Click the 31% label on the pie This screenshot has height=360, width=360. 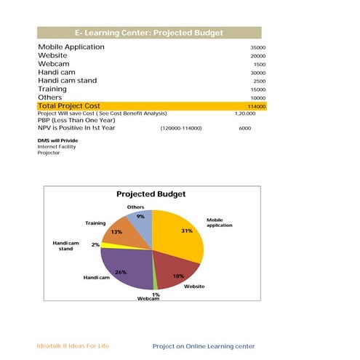click(187, 231)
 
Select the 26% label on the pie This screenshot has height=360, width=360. click(121, 272)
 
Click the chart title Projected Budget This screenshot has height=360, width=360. click(151, 194)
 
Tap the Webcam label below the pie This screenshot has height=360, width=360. click(148, 300)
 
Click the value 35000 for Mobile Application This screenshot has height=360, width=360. click(257, 47)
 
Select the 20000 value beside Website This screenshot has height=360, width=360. click(257, 56)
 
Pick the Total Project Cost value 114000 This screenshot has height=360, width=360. click(256, 106)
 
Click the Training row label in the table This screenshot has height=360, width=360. click(54, 89)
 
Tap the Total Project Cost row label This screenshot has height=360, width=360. click(68, 106)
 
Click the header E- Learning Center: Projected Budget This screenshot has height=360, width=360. click(149, 33)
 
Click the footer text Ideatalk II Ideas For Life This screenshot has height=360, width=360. click(73, 345)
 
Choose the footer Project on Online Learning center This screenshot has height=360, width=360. click(204, 345)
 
